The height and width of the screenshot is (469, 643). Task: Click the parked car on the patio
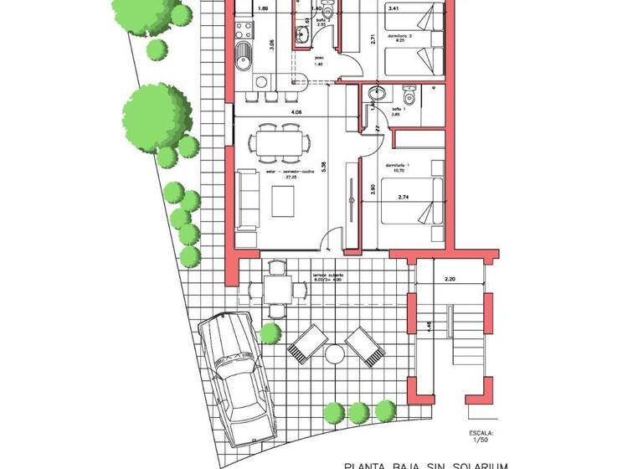(x=235, y=376)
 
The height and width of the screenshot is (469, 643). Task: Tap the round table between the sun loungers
(x=335, y=354)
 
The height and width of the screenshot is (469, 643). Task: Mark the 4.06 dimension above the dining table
(x=296, y=111)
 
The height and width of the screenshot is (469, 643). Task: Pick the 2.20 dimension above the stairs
(x=449, y=278)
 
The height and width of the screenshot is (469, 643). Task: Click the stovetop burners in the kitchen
(x=244, y=31)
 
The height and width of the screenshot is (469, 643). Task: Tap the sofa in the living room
(x=246, y=199)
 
